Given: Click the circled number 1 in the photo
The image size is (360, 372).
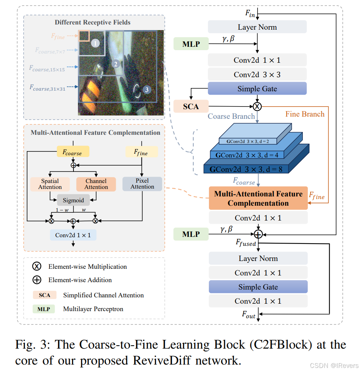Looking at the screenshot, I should point(95,43).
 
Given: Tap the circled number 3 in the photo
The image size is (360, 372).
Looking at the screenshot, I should point(147,89).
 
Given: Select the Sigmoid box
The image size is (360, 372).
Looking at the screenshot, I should point(73,200).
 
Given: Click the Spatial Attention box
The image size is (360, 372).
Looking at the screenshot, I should point(50,184).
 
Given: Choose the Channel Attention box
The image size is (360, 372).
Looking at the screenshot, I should point(96,184).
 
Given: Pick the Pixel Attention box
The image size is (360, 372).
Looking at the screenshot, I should point(142,184).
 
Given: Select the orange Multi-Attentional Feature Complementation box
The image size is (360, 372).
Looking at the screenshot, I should point(258,198).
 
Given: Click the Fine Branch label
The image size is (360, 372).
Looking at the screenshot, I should point(305,114).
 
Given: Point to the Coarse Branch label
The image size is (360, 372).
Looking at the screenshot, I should point(231,116).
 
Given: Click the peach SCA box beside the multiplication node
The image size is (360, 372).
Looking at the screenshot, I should point(191,107).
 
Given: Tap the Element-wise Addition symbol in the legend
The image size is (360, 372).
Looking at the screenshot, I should point(37,280).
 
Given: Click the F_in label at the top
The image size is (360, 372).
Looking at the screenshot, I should point(250,13).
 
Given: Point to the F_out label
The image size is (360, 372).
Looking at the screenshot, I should point(249,315).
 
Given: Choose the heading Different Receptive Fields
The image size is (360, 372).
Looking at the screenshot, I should point(93,22).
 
